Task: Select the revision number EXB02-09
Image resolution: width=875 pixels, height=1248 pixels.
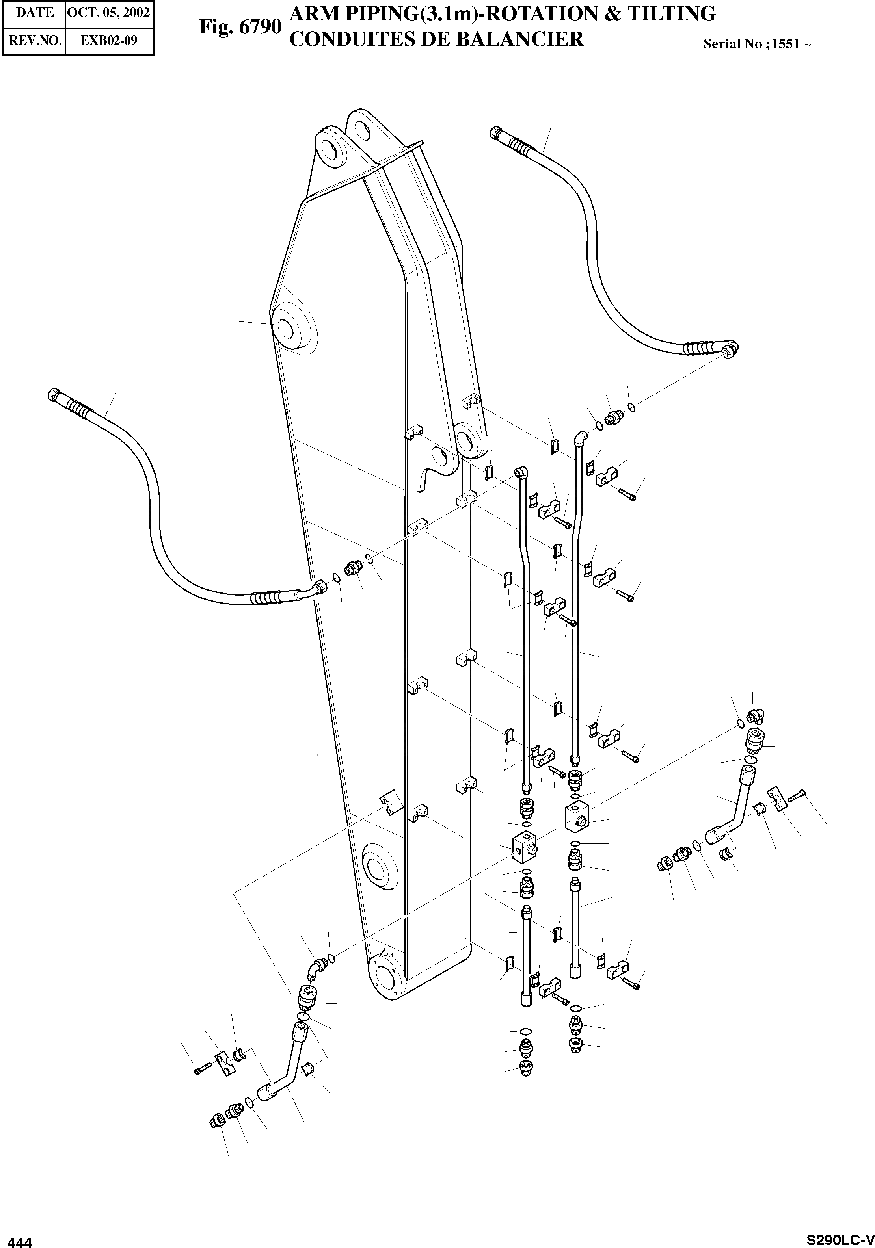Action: coord(109,40)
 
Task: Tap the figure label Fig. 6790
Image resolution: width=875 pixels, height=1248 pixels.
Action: coord(240,27)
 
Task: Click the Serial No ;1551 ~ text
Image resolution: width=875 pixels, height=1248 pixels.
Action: coord(757,44)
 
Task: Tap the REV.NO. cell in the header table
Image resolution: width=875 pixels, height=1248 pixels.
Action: coord(34,40)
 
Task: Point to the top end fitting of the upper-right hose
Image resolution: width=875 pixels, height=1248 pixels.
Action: coord(495,132)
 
